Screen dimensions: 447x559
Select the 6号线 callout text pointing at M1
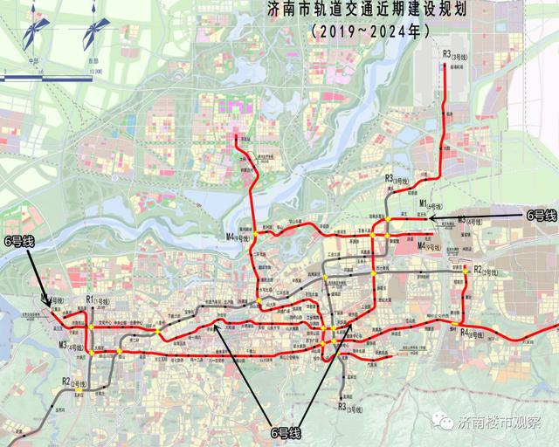pyautogui.click(x=535, y=213)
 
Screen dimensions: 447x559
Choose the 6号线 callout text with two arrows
pyautogui.click(x=283, y=431)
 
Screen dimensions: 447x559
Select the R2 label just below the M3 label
pyautogui.click(x=72, y=381)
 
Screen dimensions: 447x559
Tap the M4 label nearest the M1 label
pyautogui.click(x=431, y=246)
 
